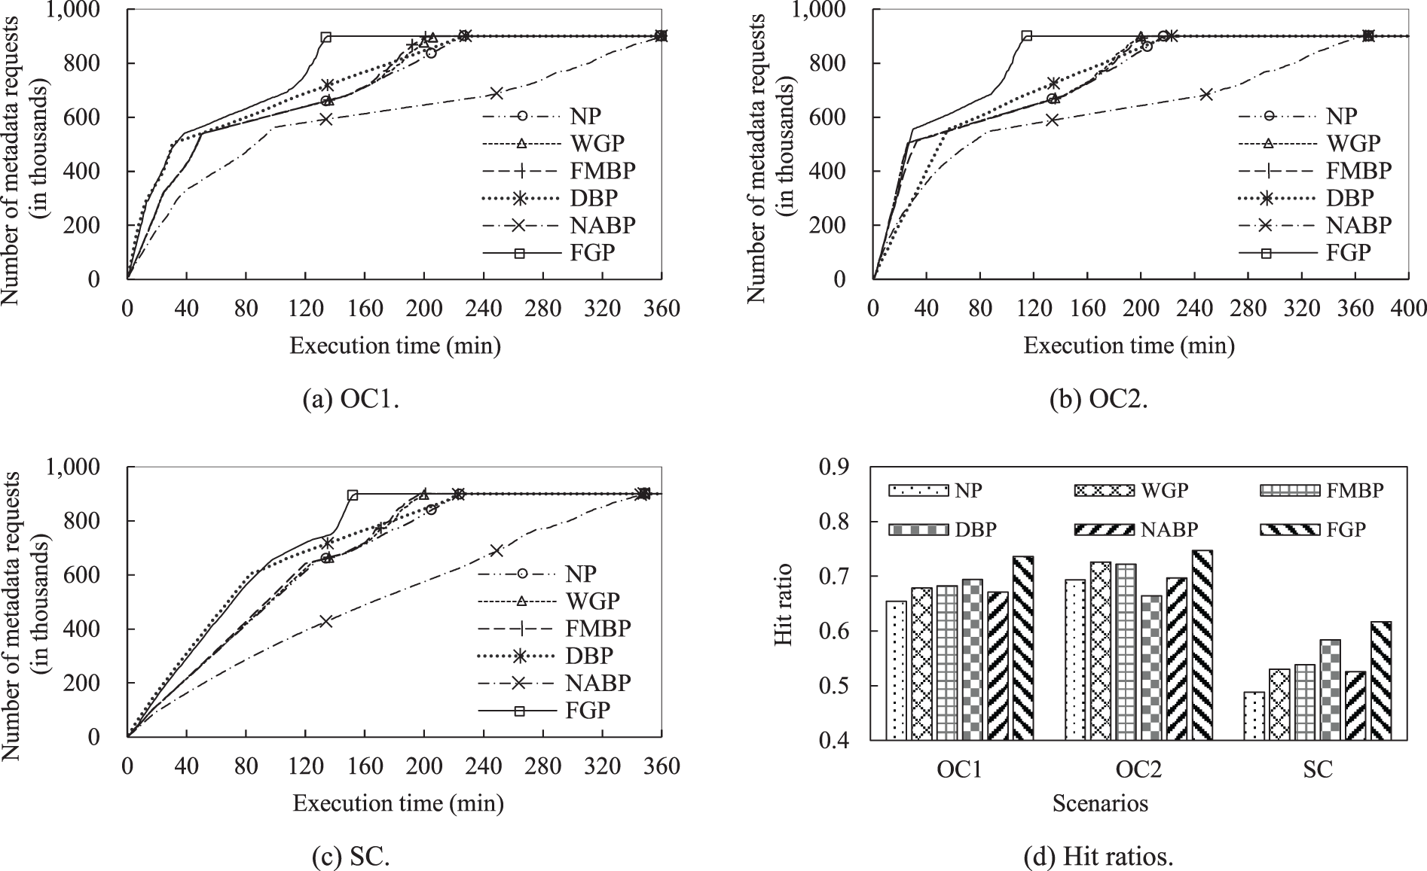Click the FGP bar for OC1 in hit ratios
pos(1022,647)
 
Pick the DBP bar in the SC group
pos(1331,690)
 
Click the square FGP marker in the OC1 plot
pos(325,37)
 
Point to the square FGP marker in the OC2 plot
pos(1026,35)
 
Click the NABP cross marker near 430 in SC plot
pos(325,621)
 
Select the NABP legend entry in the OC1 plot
pos(558,225)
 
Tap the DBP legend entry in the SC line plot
pos(554,655)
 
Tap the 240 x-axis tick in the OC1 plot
pos(483,309)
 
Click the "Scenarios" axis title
pos(1100,803)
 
